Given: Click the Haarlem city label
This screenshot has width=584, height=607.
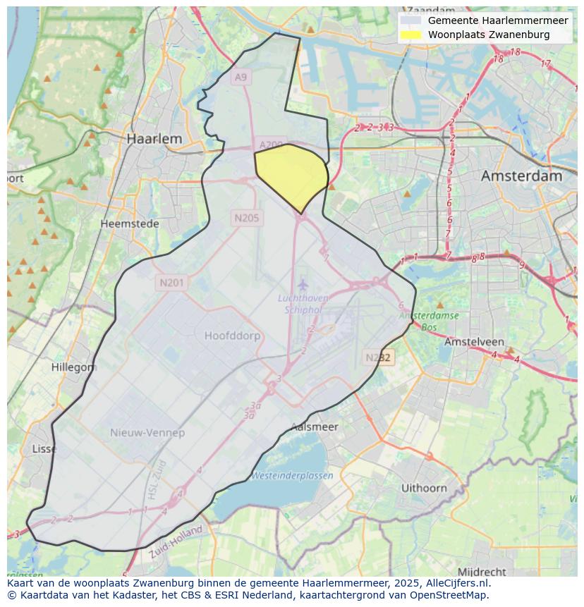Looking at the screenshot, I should click(154, 139).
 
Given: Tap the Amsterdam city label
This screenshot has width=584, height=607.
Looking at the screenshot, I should click(521, 176).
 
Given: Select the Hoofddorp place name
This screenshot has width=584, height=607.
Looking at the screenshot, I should click(232, 336).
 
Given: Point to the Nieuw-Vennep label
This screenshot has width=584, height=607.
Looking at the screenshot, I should click(147, 432).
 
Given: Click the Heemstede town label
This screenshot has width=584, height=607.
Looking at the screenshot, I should click(129, 223).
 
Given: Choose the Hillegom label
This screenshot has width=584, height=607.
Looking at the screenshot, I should click(74, 367).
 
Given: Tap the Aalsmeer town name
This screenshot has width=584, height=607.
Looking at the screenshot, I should click(315, 427).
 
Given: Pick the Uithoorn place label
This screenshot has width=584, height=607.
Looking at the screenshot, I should click(424, 488).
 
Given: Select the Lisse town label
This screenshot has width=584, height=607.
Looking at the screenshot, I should click(44, 448).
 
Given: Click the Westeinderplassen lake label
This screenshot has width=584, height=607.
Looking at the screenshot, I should click(292, 475).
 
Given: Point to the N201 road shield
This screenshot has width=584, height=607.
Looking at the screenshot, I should click(171, 283).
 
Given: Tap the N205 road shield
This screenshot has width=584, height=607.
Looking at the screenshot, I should click(246, 218).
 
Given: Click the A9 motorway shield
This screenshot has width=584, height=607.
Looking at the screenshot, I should click(241, 77).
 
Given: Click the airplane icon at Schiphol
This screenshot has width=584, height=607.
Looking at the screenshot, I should click(303, 285).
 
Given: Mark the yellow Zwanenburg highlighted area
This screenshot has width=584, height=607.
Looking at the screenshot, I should click(291, 173).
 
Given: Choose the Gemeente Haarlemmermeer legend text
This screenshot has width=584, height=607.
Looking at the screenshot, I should click(498, 20).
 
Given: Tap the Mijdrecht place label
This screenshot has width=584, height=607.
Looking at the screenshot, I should click(482, 571).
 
